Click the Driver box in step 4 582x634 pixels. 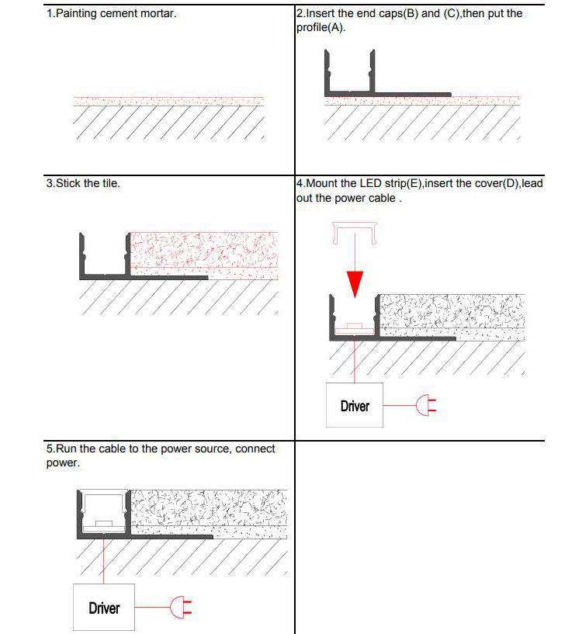(x=355, y=405)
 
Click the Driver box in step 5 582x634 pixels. (x=104, y=608)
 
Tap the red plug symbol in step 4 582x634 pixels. (x=425, y=404)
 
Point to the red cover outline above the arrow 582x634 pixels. (x=355, y=230)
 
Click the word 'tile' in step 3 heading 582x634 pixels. (x=111, y=184)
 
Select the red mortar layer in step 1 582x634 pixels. (x=168, y=101)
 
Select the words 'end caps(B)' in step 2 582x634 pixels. (x=391, y=14)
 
